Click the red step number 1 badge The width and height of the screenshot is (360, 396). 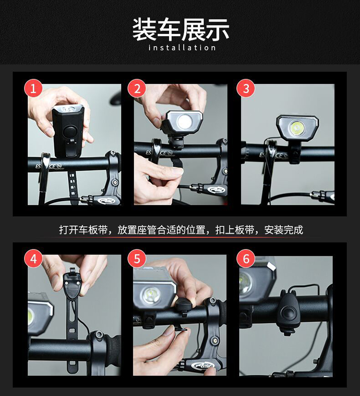click(x=33, y=88)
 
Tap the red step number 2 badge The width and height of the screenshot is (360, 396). click(x=137, y=88)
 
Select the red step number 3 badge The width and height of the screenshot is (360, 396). click(x=246, y=88)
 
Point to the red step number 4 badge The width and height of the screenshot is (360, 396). click(x=33, y=259)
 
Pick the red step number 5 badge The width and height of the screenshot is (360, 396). click(x=137, y=259)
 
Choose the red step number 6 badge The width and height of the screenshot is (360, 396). click(x=246, y=259)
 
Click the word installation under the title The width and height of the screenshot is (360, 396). click(x=182, y=47)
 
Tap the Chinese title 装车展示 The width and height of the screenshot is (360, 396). click(x=180, y=29)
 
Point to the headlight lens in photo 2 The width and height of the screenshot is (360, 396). click(x=184, y=122)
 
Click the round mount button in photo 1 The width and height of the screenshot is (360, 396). click(x=69, y=132)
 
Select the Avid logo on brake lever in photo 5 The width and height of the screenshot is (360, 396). click(x=203, y=365)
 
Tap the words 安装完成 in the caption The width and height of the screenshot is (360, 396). click(x=284, y=230)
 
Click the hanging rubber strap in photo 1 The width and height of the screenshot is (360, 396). click(x=72, y=187)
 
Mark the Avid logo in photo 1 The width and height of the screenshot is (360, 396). click(x=106, y=201)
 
